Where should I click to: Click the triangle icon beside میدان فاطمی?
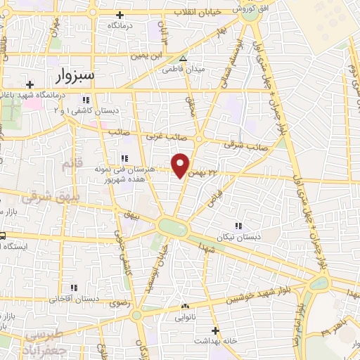pyautogui.click(x=184, y=59)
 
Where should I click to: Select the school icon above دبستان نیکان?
pyautogui.click(x=239, y=226)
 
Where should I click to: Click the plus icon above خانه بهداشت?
pyautogui.click(x=215, y=330)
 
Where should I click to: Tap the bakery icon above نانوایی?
pyautogui.click(x=186, y=306)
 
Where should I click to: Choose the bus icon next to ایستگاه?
pyautogui.click(x=3, y=236)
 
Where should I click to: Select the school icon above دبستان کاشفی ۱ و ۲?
pyautogui.click(x=86, y=100)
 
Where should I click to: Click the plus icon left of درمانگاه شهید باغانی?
pyautogui.click(x=30, y=84)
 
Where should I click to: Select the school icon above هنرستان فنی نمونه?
pyautogui.click(x=124, y=157)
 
